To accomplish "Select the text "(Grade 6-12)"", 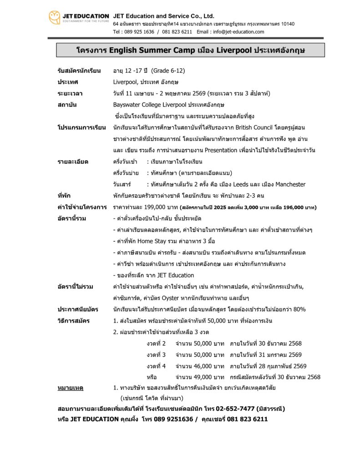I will coord(168,71).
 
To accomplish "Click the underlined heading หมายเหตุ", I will coord(70,388).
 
